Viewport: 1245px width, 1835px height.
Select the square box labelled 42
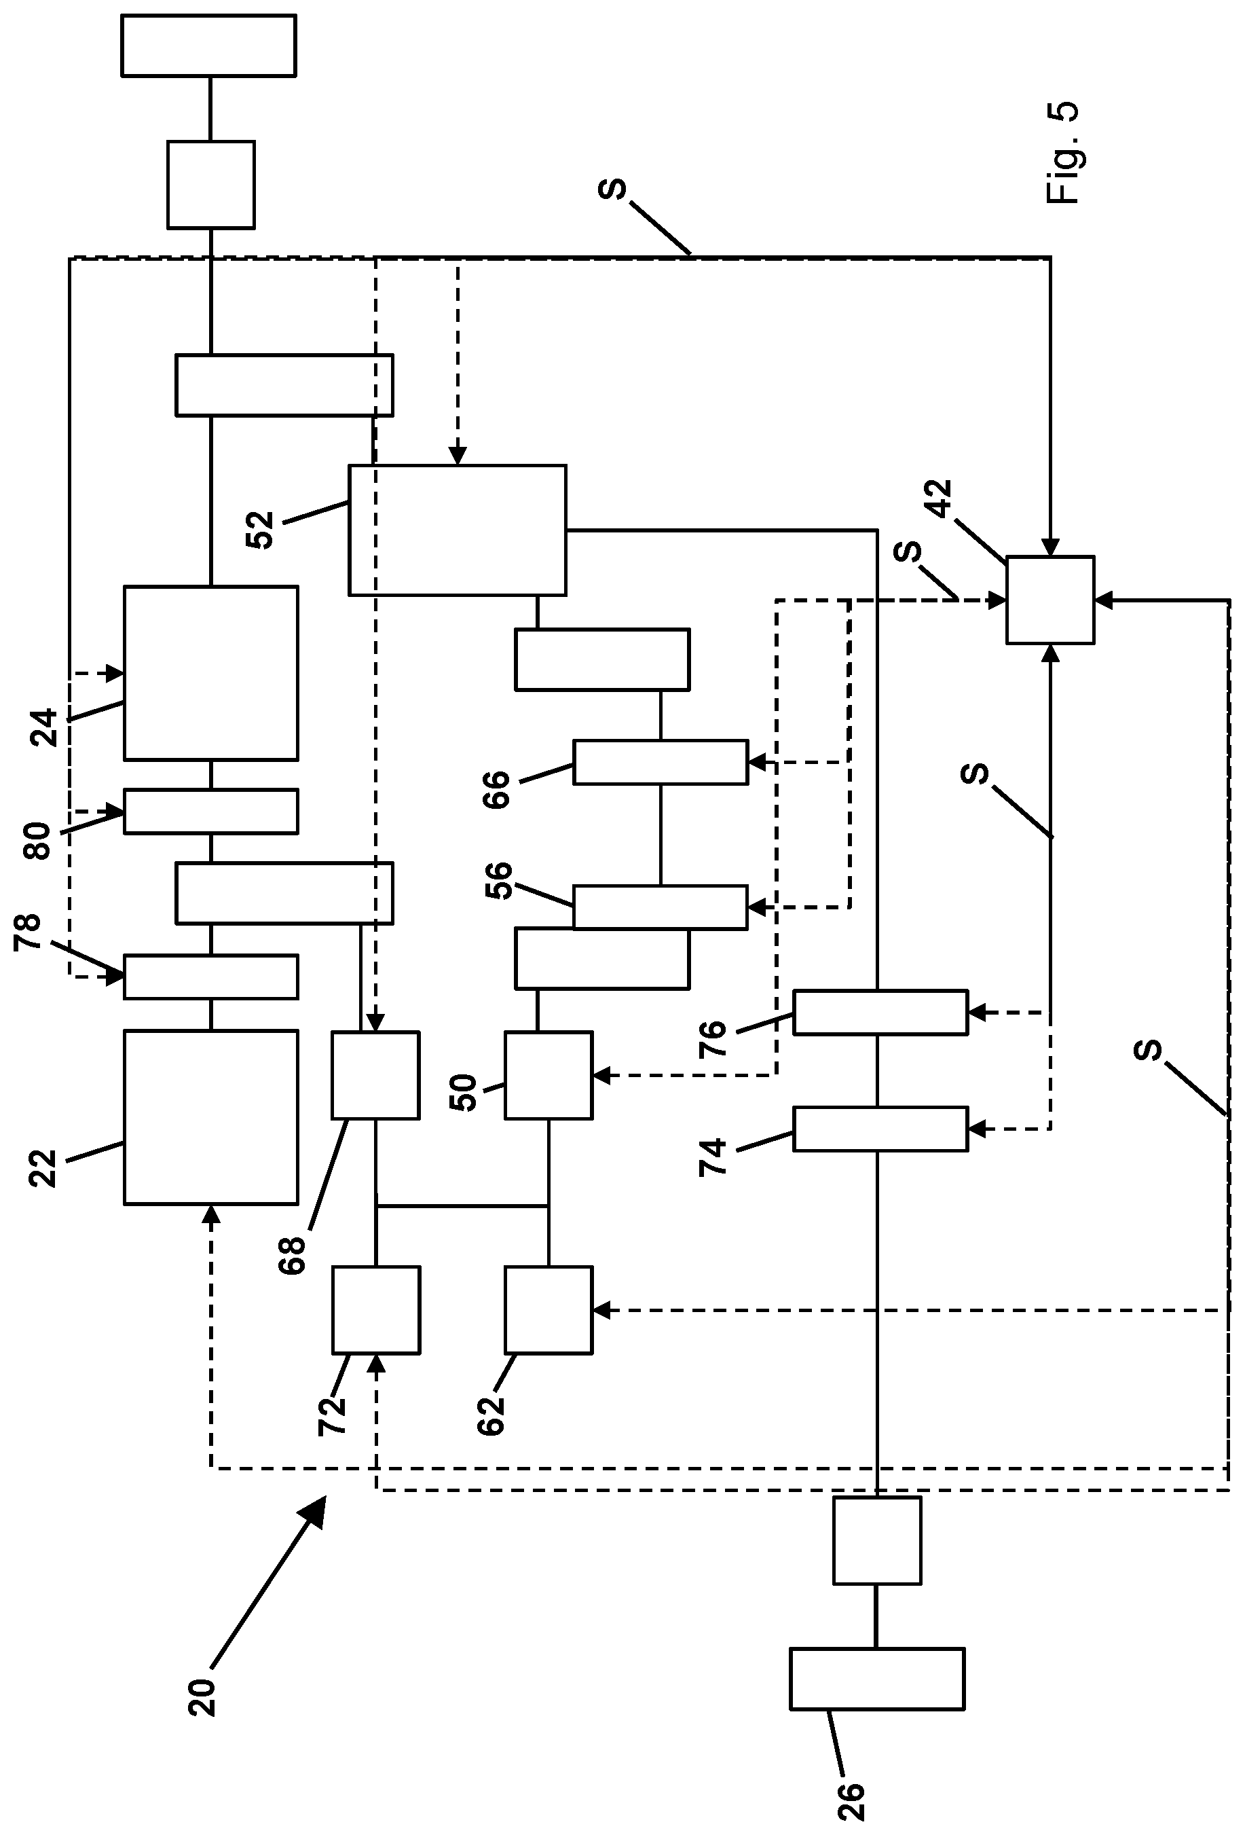[1049, 600]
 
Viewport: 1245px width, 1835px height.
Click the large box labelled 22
[211, 1117]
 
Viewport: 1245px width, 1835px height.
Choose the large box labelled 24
[211, 673]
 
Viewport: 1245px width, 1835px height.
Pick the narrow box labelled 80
[211, 811]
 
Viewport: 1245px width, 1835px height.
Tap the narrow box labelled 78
[211, 977]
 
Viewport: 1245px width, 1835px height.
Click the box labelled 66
[660, 762]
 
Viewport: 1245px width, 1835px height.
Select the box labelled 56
[660, 907]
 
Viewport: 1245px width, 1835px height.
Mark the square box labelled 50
[548, 1074]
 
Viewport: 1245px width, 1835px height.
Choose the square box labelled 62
[548, 1310]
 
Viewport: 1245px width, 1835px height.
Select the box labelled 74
[880, 1129]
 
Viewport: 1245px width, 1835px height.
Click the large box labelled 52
[457, 530]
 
